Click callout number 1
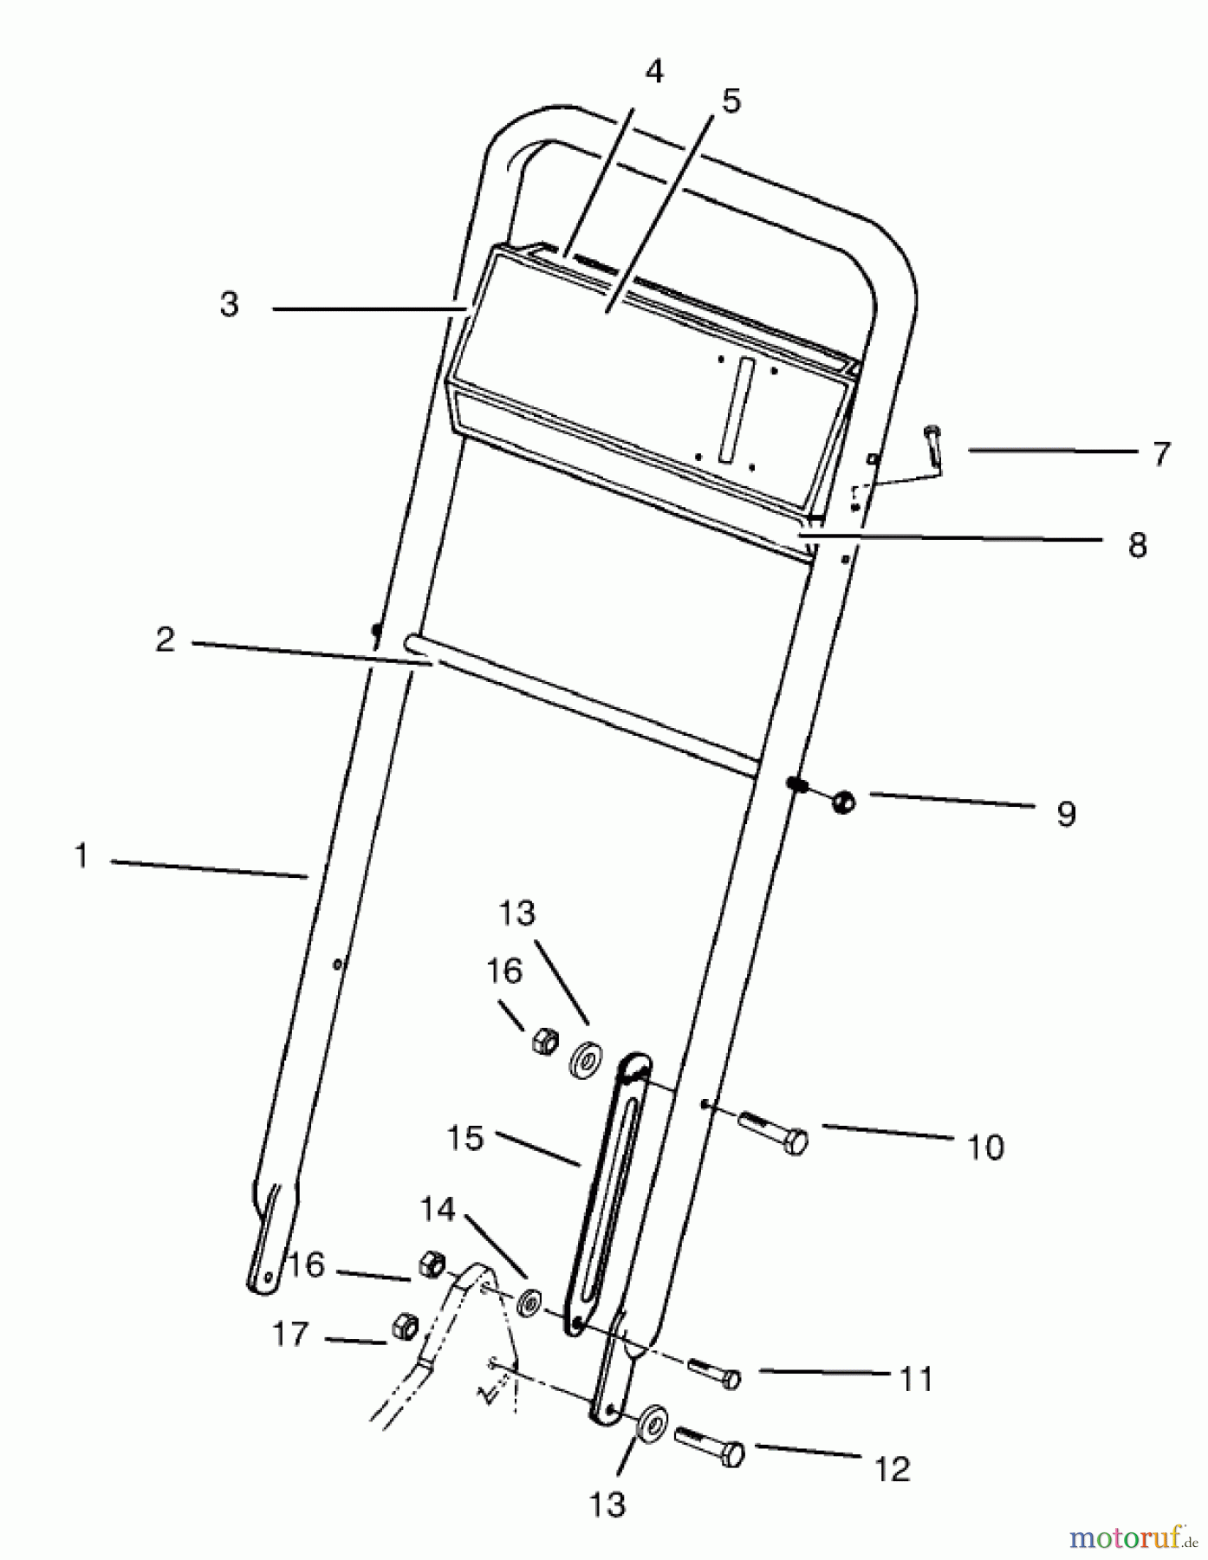81,856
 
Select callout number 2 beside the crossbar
165,640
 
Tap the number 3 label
229,305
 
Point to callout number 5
731,101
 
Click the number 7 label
1161,453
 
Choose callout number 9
1066,814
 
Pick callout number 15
465,1138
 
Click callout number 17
290,1335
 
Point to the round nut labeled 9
841,802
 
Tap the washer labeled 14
529,1301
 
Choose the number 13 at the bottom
607,1505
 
